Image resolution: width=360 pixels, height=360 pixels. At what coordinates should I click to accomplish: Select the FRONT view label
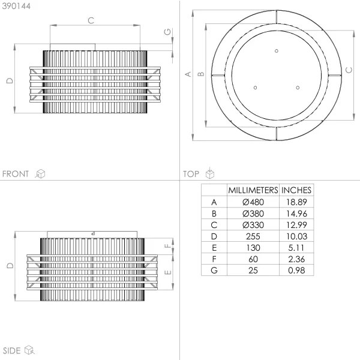(x=16, y=174)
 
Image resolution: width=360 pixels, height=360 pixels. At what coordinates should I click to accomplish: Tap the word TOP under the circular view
(x=191, y=174)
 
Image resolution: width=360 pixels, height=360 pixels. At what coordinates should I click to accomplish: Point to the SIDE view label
(x=12, y=350)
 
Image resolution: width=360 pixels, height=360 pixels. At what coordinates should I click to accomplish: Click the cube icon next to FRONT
(x=41, y=174)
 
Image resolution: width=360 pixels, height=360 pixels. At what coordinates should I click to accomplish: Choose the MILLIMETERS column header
(x=253, y=190)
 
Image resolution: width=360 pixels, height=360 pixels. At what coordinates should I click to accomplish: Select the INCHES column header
(x=296, y=190)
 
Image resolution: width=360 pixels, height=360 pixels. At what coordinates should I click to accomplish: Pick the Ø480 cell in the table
(x=253, y=202)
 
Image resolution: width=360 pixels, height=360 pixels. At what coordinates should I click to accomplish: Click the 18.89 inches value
(x=296, y=202)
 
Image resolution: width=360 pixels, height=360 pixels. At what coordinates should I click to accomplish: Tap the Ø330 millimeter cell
(x=253, y=224)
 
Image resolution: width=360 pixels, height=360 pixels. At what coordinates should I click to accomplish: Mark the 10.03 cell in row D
(x=296, y=236)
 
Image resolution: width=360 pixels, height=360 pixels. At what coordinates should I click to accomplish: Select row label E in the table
(x=214, y=247)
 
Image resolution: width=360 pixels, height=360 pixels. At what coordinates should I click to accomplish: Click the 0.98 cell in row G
(x=296, y=270)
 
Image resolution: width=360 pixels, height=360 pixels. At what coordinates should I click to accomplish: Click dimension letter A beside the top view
(x=187, y=74)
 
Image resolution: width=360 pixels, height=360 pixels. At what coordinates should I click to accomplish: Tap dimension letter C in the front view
(x=91, y=20)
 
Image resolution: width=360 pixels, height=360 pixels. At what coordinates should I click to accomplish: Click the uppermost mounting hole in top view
(x=276, y=50)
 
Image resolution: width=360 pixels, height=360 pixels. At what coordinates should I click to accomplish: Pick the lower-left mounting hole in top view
(x=255, y=88)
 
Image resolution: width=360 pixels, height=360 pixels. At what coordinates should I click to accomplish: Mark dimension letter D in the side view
(x=8, y=265)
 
